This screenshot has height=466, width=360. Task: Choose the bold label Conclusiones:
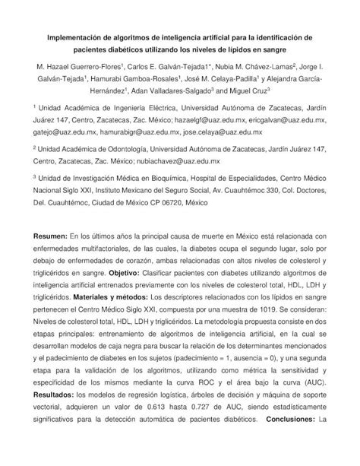[289, 440]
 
